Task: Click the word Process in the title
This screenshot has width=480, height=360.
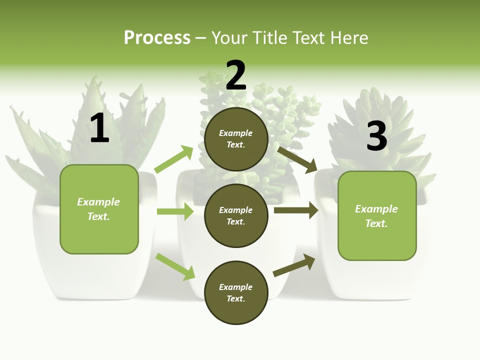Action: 157,37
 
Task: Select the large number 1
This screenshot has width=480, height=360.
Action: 99,128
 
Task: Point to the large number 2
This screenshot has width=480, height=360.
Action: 236,75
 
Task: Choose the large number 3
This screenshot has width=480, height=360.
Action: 376,136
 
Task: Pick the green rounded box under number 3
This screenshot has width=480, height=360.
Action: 377,240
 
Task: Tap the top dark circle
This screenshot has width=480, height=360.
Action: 236,139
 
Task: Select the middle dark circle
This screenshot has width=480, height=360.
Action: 236,215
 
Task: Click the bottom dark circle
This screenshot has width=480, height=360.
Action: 236,292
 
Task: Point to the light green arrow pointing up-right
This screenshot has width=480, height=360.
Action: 174,159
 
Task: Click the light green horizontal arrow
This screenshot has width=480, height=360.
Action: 175,211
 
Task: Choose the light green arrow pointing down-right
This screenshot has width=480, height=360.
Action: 175,266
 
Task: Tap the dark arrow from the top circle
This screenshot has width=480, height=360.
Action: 297,159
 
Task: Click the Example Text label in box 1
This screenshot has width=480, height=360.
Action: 98,209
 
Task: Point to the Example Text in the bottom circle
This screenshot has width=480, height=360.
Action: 236,292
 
